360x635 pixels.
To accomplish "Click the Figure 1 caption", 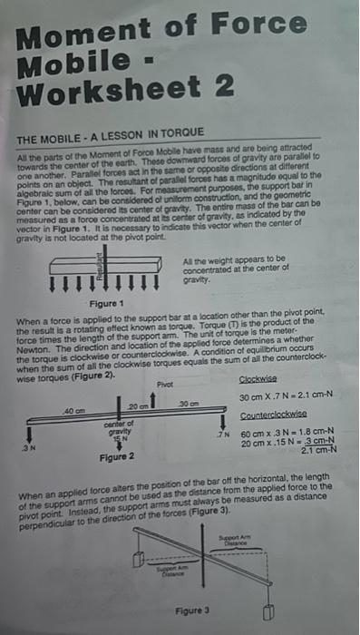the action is tap(98, 302).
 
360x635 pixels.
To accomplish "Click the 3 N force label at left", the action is tap(28, 447).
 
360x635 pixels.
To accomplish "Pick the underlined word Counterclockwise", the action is tap(273, 414).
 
